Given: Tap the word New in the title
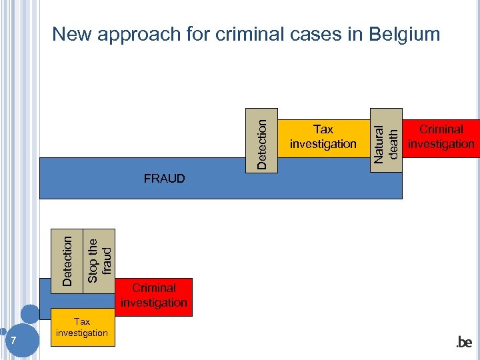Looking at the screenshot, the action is tap(71, 34).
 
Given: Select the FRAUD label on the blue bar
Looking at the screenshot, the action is tap(164, 179).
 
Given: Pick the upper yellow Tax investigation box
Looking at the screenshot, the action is tap(323, 137).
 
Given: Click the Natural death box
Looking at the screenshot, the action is tap(386, 139).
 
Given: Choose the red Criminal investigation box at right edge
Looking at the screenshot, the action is tap(441, 137).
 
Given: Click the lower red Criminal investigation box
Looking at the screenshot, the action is tap(154, 296).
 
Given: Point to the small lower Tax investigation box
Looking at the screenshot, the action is tap(82, 327).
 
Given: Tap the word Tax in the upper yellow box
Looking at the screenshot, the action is tap(323, 129).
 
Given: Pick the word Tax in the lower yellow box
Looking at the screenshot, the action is tap(82, 321).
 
